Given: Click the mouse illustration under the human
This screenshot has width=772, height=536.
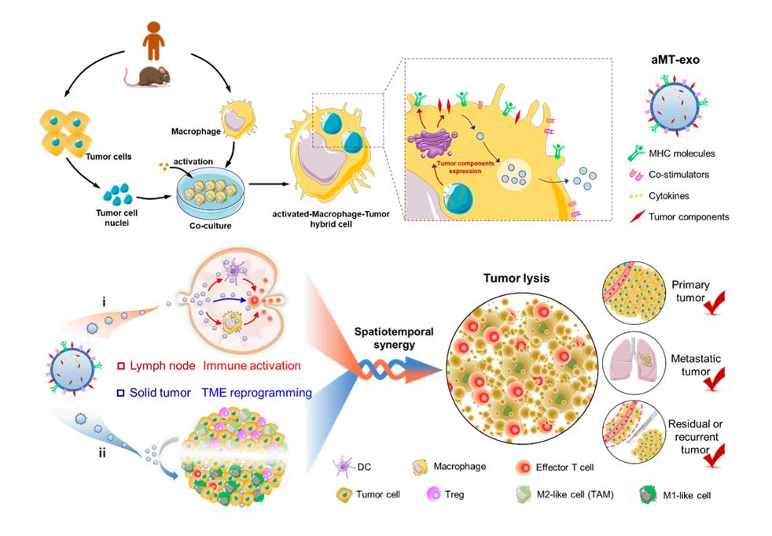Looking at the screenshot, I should point(149,76).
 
